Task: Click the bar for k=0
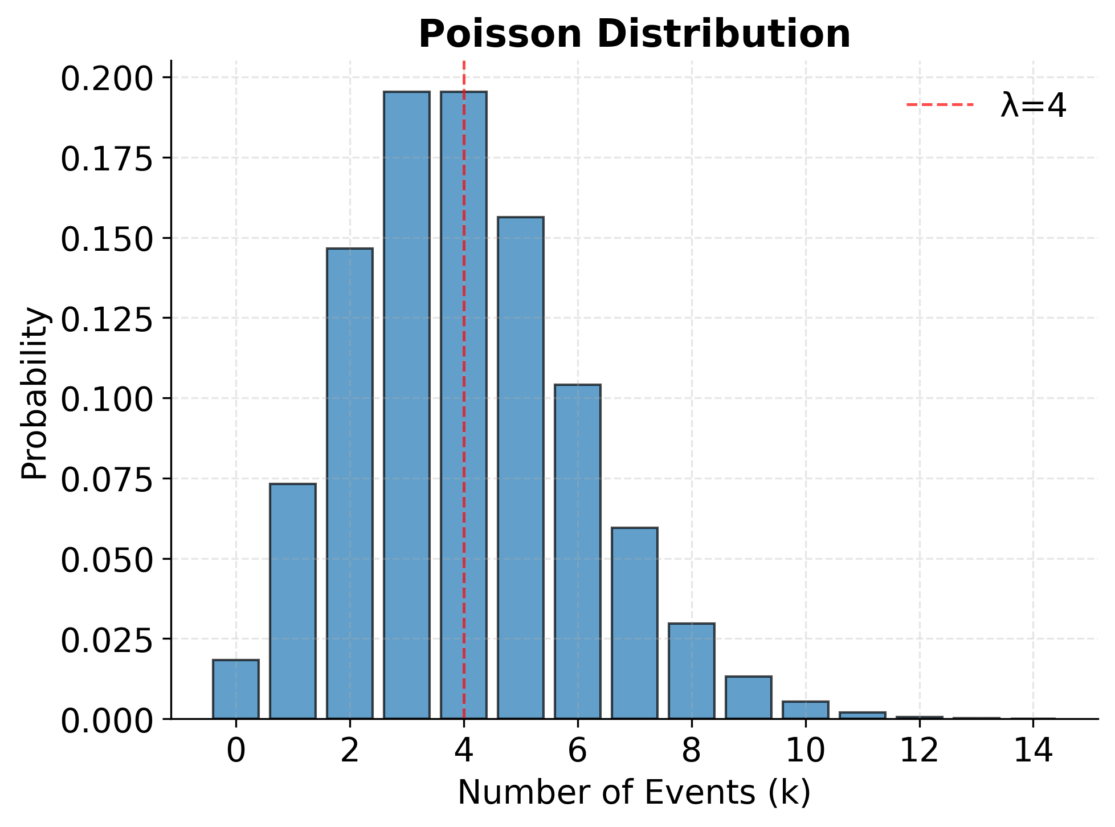point(236,689)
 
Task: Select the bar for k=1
point(293,601)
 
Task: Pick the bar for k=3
point(407,405)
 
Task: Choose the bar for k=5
point(521,467)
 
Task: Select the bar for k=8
point(692,671)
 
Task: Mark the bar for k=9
point(749,698)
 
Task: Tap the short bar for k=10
point(806,710)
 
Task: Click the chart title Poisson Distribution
point(634,34)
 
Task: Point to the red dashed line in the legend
point(940,105)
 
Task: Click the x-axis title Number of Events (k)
point(634,792)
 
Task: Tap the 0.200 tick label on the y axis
point(107,78)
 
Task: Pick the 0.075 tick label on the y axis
point(107,479)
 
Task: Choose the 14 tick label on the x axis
point(1033,751)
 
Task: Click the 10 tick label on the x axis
point(805,751)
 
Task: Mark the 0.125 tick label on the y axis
point(107,319)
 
